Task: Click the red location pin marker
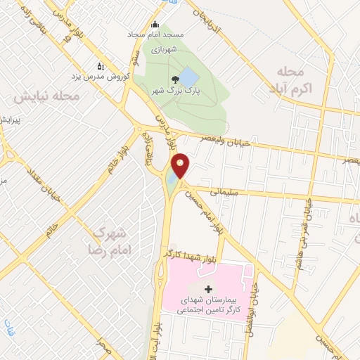tap(181, 165)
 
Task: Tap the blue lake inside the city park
tap(188, 75)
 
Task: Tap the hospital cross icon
tap(208, 289)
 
